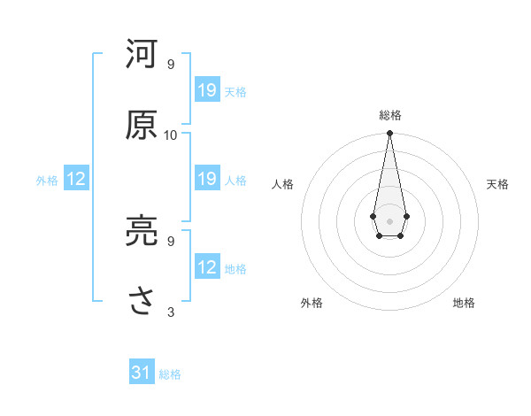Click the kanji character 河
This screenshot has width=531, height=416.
142,56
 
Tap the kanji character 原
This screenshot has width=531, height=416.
142,126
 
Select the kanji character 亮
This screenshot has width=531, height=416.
142,232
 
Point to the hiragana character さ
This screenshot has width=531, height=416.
142,302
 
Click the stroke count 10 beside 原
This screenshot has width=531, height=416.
171,135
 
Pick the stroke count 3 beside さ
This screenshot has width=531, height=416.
171,312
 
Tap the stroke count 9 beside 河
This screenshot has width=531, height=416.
171,65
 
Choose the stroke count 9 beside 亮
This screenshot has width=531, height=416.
171,241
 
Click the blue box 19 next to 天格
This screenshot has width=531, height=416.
207,90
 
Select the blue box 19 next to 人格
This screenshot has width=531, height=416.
207,179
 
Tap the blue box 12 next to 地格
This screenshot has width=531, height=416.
207,267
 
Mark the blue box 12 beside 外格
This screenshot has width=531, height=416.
76,179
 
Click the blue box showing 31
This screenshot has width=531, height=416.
142,373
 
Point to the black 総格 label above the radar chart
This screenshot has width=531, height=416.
390,115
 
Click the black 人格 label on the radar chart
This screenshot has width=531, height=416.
283,184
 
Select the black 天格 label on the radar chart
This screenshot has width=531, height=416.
497,184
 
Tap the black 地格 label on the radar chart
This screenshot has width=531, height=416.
464,303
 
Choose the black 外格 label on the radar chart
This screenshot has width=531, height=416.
312,303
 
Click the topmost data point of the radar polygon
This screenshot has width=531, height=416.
389,134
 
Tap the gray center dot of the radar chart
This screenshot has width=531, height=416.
389,220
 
